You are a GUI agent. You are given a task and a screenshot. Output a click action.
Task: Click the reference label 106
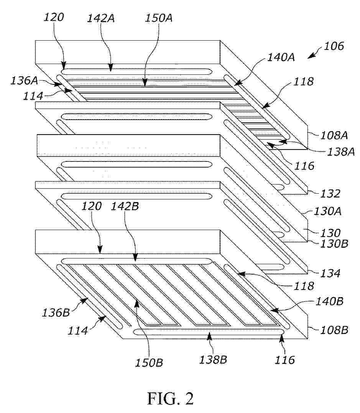334,46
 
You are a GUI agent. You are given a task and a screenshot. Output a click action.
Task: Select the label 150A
159,18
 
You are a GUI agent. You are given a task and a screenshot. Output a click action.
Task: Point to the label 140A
281,57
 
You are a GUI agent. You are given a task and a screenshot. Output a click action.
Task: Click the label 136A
24,81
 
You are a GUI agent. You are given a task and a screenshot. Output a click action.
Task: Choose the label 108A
334,136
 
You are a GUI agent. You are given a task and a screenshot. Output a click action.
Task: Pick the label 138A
341,152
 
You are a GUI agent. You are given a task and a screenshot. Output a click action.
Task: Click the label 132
330,194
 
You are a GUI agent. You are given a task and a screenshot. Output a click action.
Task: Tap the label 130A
327,211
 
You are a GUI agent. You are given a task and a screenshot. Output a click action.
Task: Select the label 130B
334,244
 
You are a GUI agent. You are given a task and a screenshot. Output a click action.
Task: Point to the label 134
330,273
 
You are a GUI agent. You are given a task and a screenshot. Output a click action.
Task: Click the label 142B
125,206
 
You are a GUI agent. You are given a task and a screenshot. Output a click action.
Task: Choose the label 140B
329,301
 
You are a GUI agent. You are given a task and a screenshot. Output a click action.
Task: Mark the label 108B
334,330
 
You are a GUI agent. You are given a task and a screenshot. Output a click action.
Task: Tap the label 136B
56,313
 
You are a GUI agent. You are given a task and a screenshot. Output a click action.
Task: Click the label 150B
149,363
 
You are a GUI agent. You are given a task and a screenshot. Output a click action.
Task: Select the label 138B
213,360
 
